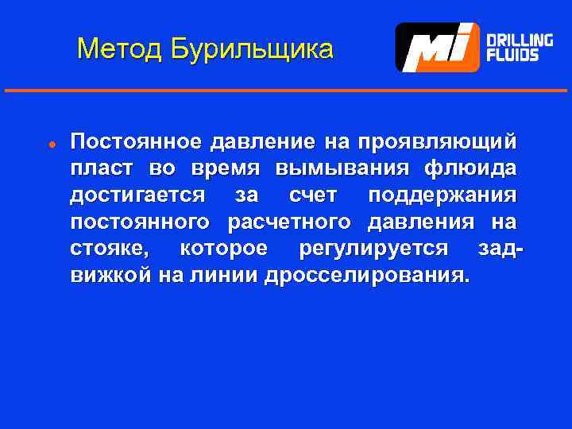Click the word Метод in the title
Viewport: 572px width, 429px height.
[x=118, y=50]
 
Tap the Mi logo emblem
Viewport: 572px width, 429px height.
[x=438, y=48]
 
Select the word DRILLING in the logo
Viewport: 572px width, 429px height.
[x=520, y=40]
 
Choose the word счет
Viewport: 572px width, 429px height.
[x=313, y=195]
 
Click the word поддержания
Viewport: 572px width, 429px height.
[x=443, y=195]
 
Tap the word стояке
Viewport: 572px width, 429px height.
[x=108, y=249]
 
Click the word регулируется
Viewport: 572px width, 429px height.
[x=373, y=249]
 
